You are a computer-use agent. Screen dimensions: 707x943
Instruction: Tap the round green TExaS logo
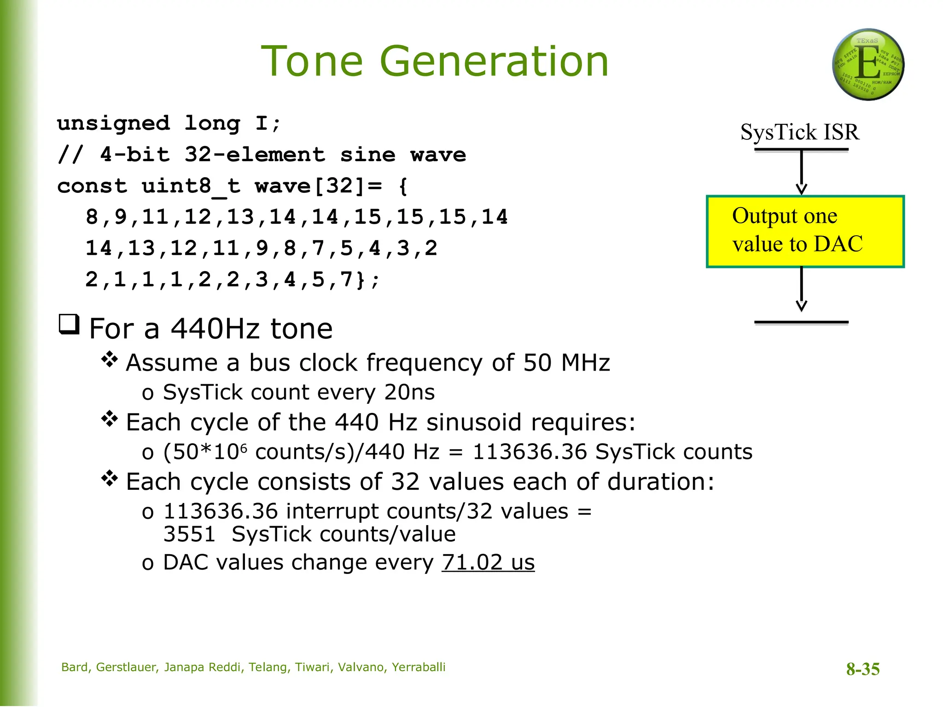[x=867, y=64]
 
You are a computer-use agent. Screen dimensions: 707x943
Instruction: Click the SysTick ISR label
[x=800, y=133]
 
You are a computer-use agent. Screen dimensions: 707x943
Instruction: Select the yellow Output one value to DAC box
[x=805, y=232]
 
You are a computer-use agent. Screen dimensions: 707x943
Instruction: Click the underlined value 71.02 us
[x=488, y=562]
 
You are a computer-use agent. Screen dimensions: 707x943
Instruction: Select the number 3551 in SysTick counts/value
[x=189, y=534]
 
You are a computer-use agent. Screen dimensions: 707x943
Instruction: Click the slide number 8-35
[x=862, y=669]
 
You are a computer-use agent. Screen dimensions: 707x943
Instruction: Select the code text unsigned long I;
[x=169, y=123]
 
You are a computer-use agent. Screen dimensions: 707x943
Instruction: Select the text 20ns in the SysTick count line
[x=409, y=393]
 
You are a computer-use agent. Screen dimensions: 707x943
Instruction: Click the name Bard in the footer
[x=75, y=667]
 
